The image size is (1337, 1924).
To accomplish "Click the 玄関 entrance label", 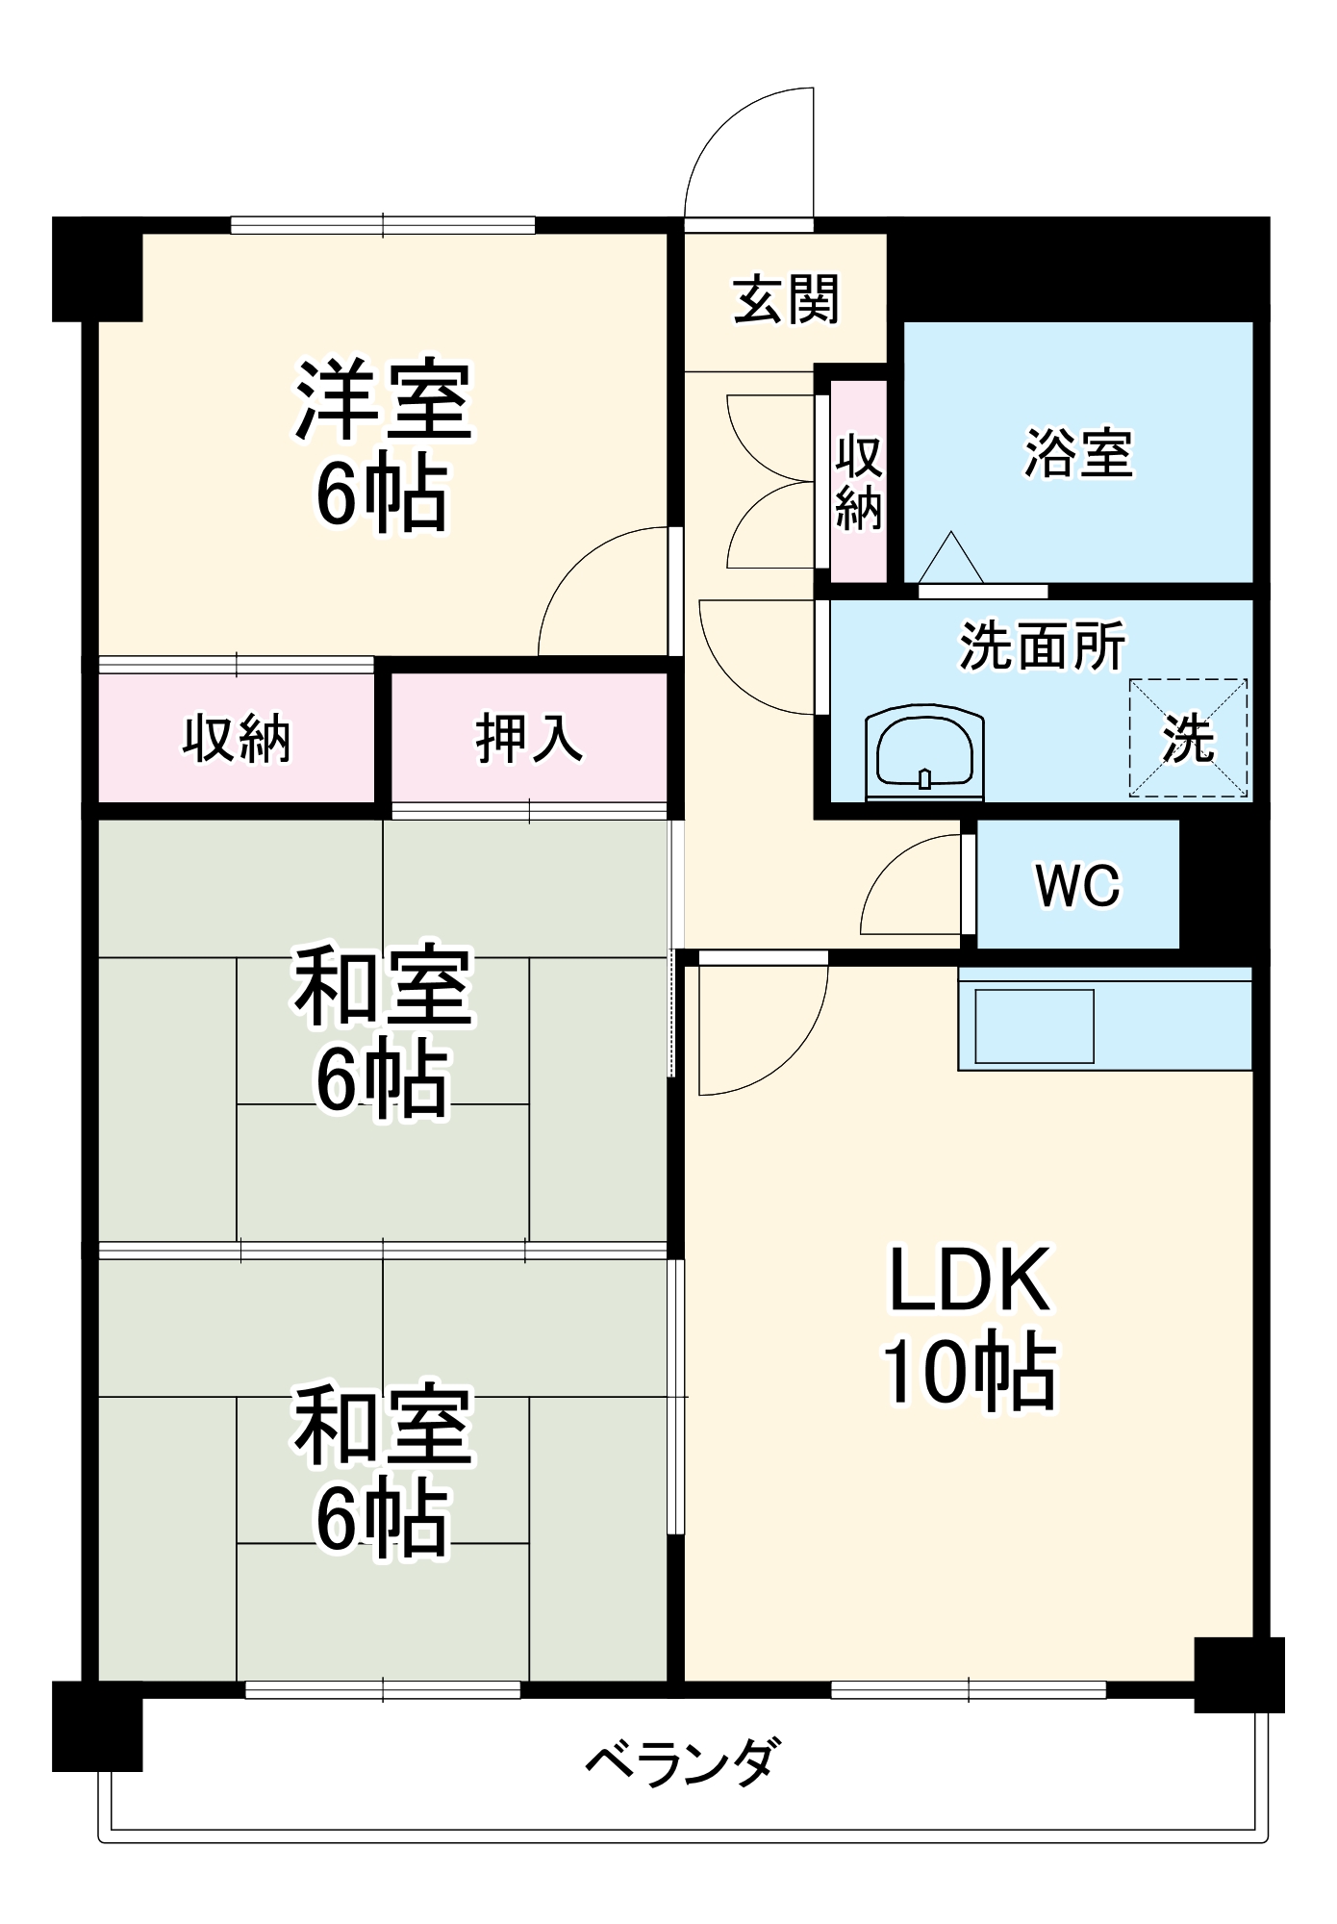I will (786, 300).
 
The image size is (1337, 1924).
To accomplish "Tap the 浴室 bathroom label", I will (1078, 452).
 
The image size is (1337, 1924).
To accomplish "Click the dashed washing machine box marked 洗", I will (1188, 738).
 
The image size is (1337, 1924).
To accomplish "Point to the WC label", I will (1077, 884).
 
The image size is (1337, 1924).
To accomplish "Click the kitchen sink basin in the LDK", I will (1034, 1025).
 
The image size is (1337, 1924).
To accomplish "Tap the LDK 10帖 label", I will (969, 1328).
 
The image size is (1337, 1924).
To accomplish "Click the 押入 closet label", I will (528, 738).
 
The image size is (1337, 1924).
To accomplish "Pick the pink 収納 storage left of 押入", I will (237, 738).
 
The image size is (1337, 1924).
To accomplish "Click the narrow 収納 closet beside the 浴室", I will (858, 481).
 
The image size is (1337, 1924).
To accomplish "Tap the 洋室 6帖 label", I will (383, 445).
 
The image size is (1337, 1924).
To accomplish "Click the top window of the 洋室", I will (383, 225).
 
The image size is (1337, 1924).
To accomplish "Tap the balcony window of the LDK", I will (968, 1689).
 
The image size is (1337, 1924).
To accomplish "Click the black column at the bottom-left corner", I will (97, 1726).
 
